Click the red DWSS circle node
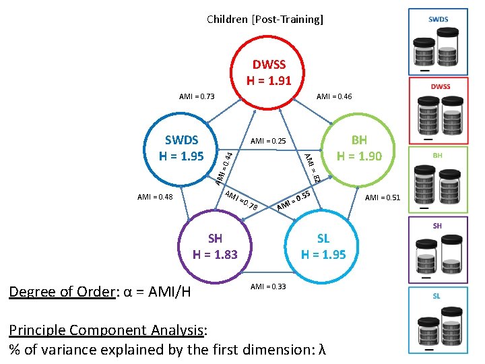(x=269, y=73)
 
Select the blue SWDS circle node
(x=181, y=148)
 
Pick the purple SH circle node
(x=215, y=247)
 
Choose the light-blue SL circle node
(x=323, y=247)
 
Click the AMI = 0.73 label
(x=197, y=97)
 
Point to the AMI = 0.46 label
(x=334, y=97)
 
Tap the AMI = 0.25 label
(x=268, y=142)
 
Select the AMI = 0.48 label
(x=155, y=198)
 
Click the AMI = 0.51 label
(x=383, y=198)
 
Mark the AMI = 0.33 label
(x=268, y=286)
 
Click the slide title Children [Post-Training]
(x=265, y=19)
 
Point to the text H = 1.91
(x=269, y=81)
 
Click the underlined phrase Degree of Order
(x=59, y=291)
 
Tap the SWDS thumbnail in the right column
(x=439, y=41)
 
